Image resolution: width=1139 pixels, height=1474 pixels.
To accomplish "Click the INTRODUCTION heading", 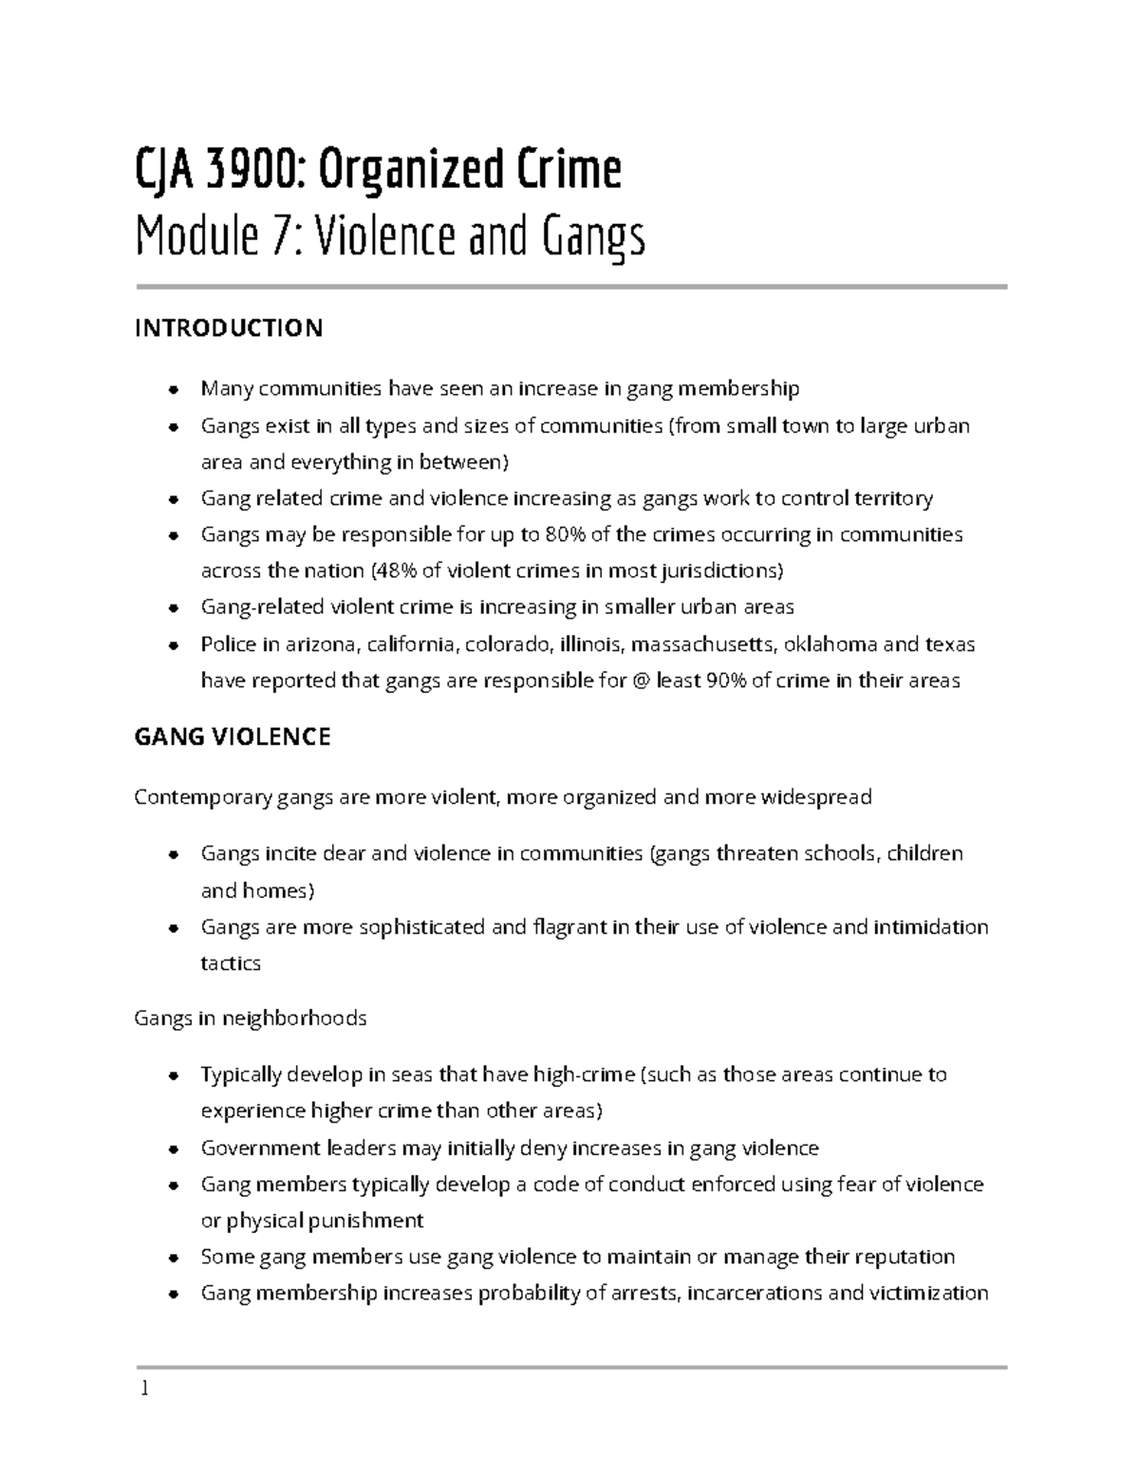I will pyautogui.click(x=229, y=328).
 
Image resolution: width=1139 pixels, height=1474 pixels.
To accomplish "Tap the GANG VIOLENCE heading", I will pyautogui.click(x=233, y=737).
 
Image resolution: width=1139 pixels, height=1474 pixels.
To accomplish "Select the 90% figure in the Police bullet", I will pyautogui.click(x=726, y=681).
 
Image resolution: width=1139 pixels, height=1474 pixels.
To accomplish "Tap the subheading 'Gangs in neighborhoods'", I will pyautogui.click(x=251, y=1018).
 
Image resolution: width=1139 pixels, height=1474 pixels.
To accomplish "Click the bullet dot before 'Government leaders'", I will pyautogui.click(x=173, y=1149).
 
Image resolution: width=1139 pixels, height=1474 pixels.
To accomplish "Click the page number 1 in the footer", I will pyautogui.click(x=143, y=1390).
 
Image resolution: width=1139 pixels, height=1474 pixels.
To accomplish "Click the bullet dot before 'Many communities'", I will pyautogui.click(x=173, y=389).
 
